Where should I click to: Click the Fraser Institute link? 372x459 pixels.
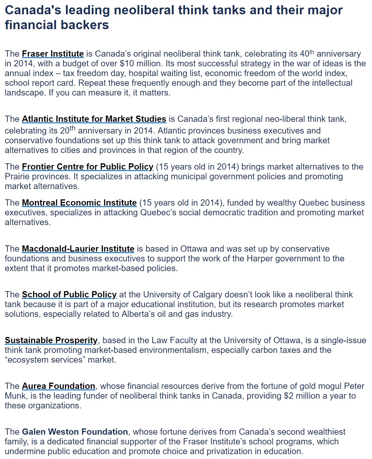pos(53,54)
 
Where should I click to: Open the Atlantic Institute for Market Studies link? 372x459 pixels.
pos(94,119)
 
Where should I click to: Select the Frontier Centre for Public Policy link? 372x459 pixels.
pos(88,166)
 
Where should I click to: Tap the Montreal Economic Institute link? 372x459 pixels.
pos(79,202)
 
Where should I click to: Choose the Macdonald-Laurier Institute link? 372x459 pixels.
pos(78,249)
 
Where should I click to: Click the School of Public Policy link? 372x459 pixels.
pos(69,294)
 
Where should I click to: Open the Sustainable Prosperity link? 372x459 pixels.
pos(51,340)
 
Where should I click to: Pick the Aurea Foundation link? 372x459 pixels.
pos(58,386)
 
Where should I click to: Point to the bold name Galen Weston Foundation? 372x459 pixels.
pos(75,432)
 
